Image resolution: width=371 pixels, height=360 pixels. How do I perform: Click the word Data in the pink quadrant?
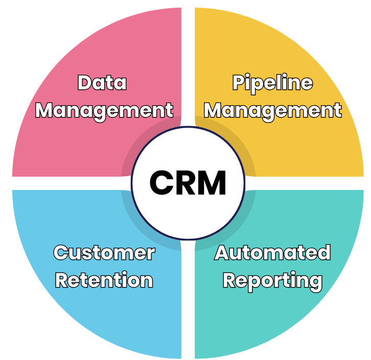click(x=102, y=83)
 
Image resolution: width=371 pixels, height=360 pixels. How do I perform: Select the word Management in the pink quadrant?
click(x=104, y=110)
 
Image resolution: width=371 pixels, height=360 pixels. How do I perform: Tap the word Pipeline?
click(x=272, y=83)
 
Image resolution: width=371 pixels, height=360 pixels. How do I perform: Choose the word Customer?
click(x=104, y=253)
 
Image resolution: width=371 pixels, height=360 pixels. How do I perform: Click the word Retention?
click(x=104, y=280)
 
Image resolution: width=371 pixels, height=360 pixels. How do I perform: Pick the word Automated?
click(x=272, y=253)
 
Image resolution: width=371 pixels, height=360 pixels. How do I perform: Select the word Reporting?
click(x=272, y=280)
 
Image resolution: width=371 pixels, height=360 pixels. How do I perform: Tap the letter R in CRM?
click(x=185, y=183)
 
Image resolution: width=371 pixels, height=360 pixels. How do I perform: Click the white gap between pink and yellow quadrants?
click(x=188, y=61)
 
